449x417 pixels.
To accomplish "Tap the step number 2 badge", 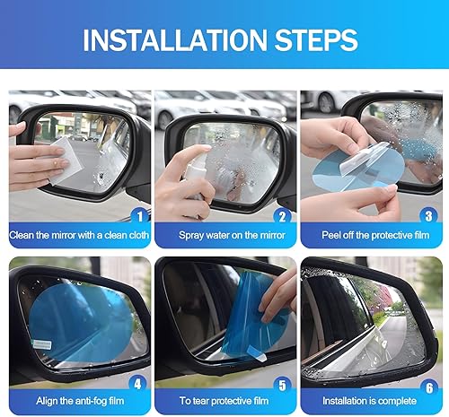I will click(x=280, y=216).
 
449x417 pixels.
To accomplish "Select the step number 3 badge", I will click(x=427, y=216).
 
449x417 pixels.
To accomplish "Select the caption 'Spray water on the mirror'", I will click(x=224, y=237).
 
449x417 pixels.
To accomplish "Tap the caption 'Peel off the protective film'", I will click(x=372, y=237).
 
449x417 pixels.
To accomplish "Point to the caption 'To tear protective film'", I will click(x=224, y=403).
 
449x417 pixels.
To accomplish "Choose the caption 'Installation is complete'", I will click(x=372, y=403).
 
